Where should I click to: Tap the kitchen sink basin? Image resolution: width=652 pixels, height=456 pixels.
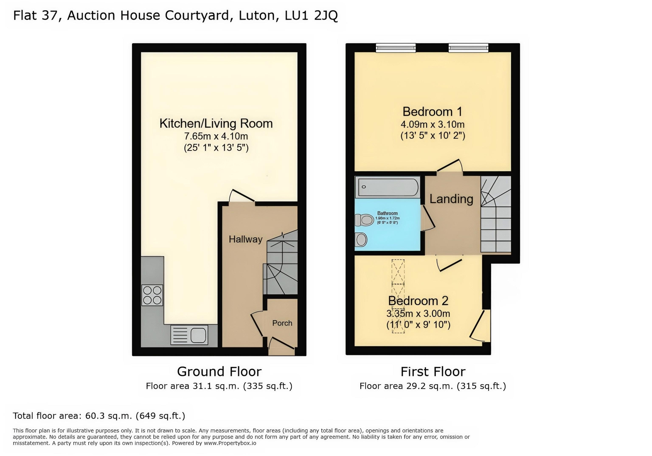click(198, 335)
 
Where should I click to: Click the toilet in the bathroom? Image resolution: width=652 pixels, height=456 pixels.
click(365, 220)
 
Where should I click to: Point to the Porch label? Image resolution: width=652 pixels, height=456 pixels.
click(282, 323)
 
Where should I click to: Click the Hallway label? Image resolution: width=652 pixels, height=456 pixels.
click(245, 239)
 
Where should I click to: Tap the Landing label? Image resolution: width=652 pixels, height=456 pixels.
click(451, 199)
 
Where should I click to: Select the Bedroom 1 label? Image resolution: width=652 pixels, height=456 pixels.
click(432, 112)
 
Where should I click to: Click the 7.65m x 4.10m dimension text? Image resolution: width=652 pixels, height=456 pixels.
click(216, 136)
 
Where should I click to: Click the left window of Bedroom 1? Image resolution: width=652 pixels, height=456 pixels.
click(396, 48)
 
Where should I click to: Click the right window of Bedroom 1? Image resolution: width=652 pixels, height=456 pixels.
click(468, 48)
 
